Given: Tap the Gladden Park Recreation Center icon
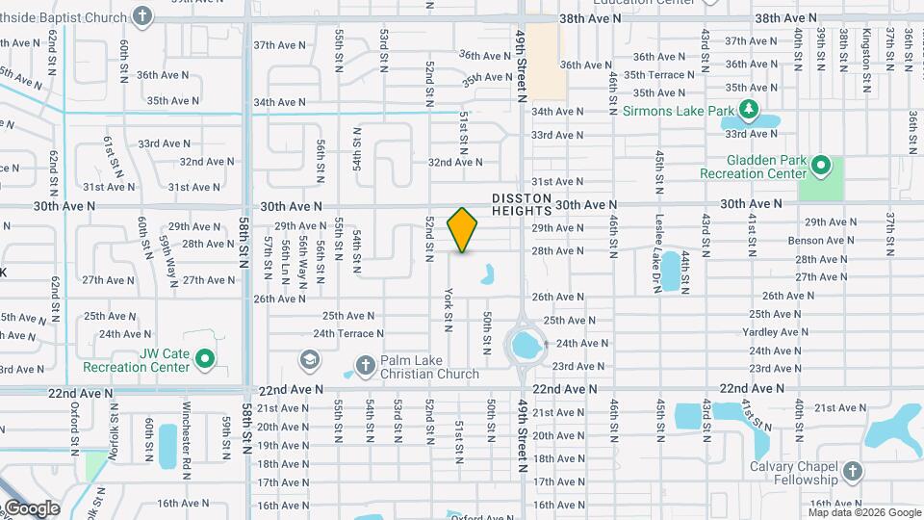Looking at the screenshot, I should tap(820, 166).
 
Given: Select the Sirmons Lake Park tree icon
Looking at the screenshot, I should tap(751, 112).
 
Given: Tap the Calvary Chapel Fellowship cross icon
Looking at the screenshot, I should tap(852, 471).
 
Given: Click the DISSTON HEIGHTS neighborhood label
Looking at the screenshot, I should tap(522, 204).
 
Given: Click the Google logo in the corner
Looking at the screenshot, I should tap(31, 508).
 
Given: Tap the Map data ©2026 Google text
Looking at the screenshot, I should tap(863, 512).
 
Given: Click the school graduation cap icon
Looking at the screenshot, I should tap(309, 360).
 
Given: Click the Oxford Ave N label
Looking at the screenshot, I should tap(482, 517).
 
